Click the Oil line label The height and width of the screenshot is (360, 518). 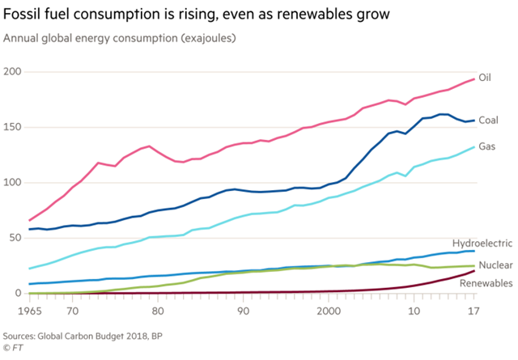486,78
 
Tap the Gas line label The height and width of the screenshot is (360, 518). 487,146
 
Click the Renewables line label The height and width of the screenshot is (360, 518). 486,283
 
